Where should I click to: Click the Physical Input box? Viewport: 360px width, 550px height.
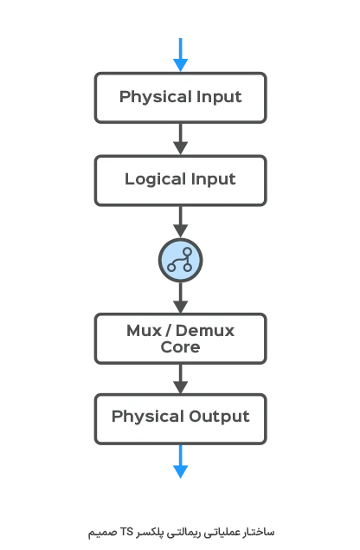[x=181, y=98]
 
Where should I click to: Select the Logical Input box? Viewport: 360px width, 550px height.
[x=181, y=181]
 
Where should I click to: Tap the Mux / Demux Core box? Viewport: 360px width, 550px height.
[x=181, y=339]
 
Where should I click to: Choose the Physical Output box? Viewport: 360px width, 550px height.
[x=181, y=419]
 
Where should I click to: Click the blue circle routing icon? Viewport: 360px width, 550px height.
[x=181, y=260]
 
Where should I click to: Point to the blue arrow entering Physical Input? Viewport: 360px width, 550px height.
[x=181, y=55]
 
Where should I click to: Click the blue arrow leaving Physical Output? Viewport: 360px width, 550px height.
[x=181, y=462]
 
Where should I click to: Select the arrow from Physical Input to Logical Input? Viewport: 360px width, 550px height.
[x=181, y=139]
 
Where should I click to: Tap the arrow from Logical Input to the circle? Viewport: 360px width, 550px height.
[x=181, y=222]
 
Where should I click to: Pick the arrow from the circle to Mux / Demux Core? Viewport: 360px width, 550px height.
[x=181, y=297]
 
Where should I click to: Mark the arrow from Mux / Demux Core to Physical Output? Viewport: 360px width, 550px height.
[x=181, y=379]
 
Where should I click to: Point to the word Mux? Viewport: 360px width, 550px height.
[x=144, y=331]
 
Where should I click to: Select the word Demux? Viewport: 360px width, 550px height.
[x=205, y=331]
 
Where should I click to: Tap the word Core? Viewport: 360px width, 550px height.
[x=181, y=347]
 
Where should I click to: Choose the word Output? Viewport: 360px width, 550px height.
[x=220, y=417]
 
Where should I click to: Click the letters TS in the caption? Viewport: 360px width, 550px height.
[x=126, y=532]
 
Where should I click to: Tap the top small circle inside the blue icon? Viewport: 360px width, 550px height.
[x=188, y=252]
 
